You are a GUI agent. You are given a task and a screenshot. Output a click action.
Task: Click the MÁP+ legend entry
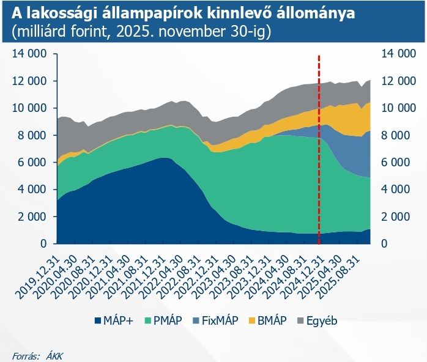[x=113, y=320]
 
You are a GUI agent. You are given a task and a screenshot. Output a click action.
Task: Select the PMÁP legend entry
[x=165, y=320]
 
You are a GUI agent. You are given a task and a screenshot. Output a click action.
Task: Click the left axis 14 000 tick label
[x=29, y=54]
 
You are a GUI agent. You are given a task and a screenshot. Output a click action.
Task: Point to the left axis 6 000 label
[x=31, y=163]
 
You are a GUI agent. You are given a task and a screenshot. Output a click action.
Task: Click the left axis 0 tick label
[x=44, y=244]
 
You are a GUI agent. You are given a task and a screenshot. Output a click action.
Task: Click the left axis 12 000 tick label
[x=29, y=81]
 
